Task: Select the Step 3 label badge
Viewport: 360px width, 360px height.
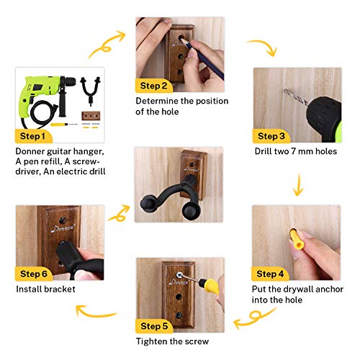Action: [x=272, y=135]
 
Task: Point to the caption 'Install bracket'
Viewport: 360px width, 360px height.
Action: [x=45, y=290]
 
